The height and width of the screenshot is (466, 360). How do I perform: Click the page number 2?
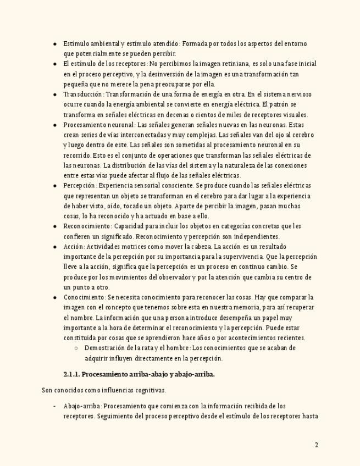(316, 445)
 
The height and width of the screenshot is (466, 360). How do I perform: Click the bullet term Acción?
(73, 247)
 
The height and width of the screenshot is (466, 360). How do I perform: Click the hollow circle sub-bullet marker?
(76, 348)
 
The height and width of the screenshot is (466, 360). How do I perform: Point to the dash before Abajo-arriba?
(54, 406)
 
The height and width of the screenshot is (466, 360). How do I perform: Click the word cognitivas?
(148, 391)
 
